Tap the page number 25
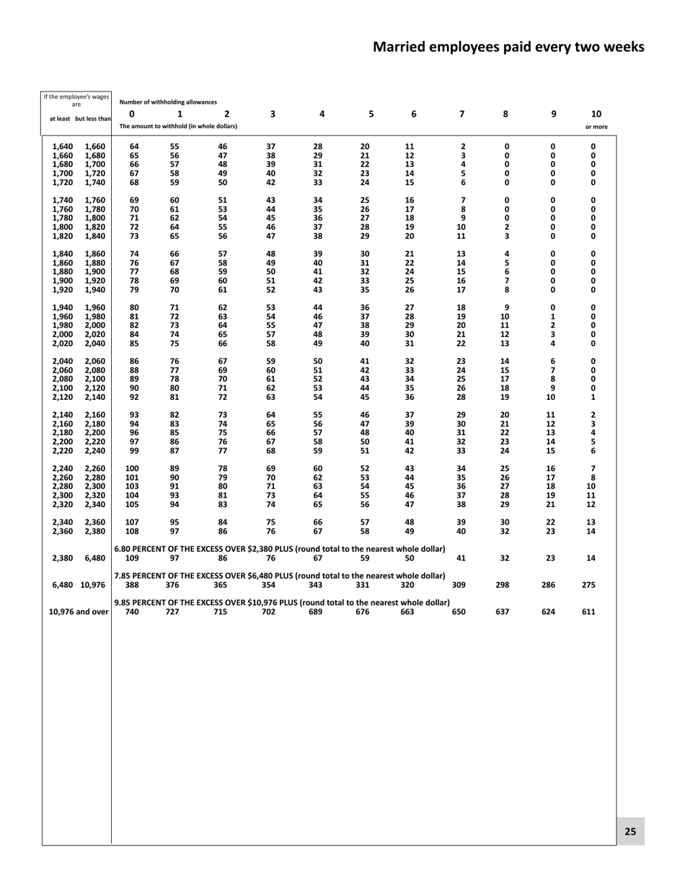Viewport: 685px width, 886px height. [x=630, y=831]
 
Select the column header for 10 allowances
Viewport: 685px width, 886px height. [x=596, y=114]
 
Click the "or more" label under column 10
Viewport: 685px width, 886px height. [x=596, y=127]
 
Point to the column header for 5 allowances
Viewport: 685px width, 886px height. [x=371, y=114]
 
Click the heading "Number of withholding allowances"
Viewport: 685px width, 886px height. [x=168, y=102]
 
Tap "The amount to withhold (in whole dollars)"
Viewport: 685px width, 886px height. [x=178, y=126]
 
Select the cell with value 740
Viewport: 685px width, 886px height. [x=132, y=612]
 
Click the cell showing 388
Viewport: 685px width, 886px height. [x=132, y=585]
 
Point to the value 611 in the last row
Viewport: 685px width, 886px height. [x=588, y=612]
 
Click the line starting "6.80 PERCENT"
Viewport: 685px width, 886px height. [x=280, y=549]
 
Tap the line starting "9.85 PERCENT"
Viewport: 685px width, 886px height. [x=282, y=602]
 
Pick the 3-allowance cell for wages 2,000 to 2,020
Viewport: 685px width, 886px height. [x=271, y=334]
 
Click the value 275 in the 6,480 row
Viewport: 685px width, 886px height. [x=588, y=585]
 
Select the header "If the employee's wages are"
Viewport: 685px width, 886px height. [x=76, y=100]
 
